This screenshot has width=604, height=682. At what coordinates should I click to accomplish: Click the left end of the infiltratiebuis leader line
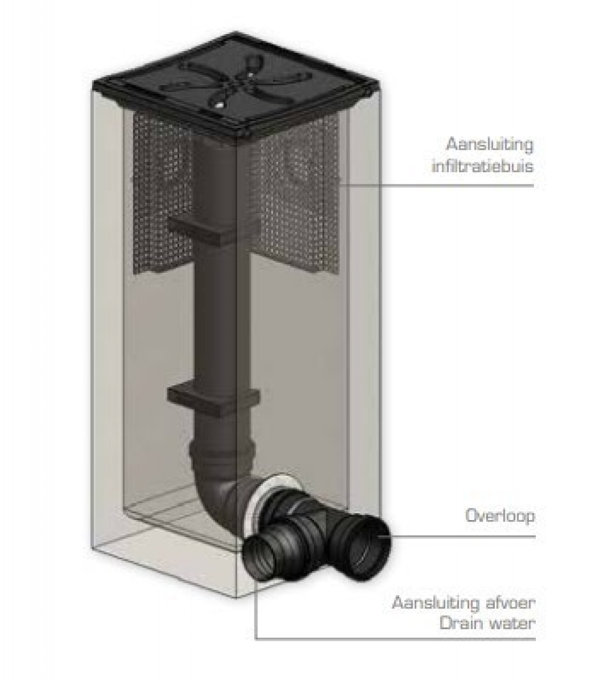338,185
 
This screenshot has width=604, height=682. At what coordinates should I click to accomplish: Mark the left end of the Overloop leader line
380,536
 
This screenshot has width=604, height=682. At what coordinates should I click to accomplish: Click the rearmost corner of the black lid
236,33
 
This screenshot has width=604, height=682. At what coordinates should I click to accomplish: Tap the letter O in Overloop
472,516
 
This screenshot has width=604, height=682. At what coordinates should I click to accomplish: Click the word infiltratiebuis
482,166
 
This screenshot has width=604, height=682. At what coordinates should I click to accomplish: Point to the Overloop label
500,516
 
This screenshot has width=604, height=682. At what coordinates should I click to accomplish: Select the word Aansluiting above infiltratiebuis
490,145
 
